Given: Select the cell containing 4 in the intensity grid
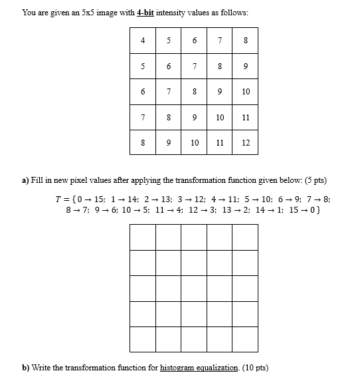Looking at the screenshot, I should [x=143, y=40].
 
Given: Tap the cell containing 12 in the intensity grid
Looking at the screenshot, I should [x=246, y=142].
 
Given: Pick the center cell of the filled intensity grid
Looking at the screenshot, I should [x=194, y=91].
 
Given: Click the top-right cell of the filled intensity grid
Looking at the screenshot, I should [x=246, y=40].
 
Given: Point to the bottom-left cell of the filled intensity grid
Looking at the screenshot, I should [x=143, y=142].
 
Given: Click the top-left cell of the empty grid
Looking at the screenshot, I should [x=143, y=237].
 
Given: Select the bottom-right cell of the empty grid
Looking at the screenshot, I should [x=245, y=339].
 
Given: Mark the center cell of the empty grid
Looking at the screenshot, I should [x=194, y=289].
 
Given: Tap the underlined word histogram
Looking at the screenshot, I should [x=179, y=368].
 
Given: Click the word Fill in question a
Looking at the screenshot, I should [x=37, y=180].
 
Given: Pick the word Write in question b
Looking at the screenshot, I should [x=43, y=368].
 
